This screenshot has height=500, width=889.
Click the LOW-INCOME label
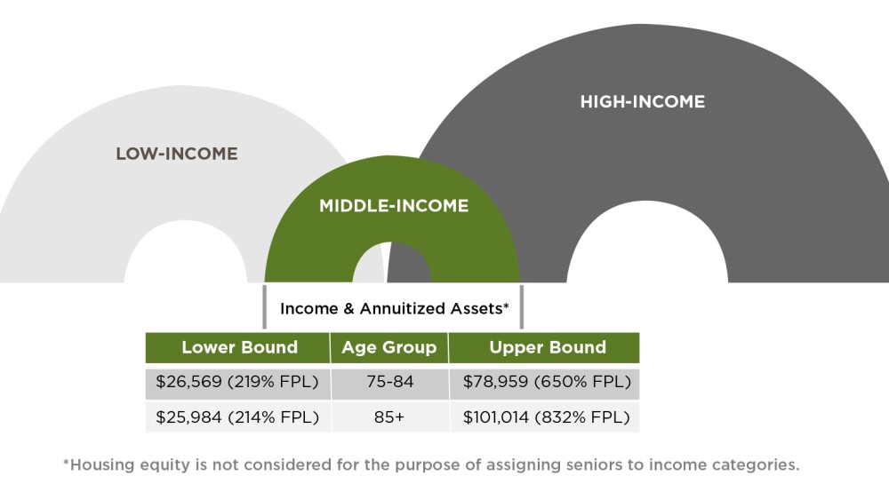click(177, 154)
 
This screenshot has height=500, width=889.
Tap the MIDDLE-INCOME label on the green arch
click(394, 206)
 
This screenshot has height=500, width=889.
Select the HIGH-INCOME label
click(642, 101)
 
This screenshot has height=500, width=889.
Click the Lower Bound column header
click(239, 347)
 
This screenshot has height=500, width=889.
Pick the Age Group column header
click(388, 347)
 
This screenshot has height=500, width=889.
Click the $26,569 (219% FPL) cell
click(237, 383)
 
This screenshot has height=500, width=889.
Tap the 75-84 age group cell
click(388, 383)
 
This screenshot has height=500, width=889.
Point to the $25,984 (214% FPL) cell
click(237, 417)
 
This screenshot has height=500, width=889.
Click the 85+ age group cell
click(388, 417)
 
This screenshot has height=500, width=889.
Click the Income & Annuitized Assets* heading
click(394, 309)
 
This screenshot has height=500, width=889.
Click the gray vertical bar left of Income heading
click(265, 306)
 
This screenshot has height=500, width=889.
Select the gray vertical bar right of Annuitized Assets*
click(522, 306)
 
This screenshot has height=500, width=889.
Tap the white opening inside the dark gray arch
click(646, 249)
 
